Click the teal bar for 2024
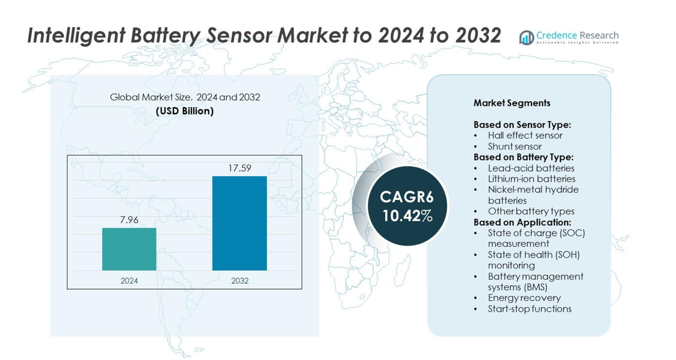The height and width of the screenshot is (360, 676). pyautogui.click(x=129, y=249)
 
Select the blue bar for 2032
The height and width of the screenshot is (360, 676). pyautogui.click(x=239, y=223)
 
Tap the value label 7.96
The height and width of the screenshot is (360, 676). pyautogui.click(x=129, y=220)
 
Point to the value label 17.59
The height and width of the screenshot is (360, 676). pyautogui.click(x=239, y=168)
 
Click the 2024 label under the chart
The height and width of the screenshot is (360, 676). pyautogui.click(x=129, y=281)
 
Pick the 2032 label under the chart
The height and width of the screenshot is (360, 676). pyautogui.click(x=239, y=281)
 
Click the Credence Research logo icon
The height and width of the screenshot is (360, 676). pyautogui.click(x=527, y=37)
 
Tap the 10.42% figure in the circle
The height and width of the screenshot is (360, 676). pyautogui.click(x=407, y=216)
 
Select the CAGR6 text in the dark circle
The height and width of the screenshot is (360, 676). pyautogui.click(x=407, y=197)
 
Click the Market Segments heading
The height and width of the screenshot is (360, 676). pyautogui.click(x=512, y=103)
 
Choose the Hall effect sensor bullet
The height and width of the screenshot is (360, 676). pyautogui.click(x=525, y=135)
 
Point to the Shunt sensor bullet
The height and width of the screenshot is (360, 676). pyautogui.click(x=515, y=146)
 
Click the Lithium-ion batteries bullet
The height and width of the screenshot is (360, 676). pyautogui.click(x=532, y=179)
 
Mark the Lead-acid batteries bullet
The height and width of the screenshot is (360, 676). pyautogui.click(x=531, y=168)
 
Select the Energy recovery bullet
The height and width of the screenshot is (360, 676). pyautogui.click(x=524, y=298)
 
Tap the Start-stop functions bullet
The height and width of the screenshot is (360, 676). pyautogui.click(x=530, y=309)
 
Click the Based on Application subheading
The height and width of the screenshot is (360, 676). pyautogui.click(x=521, y=222)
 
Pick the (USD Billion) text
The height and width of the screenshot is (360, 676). pyautogui.click(x=185, y=111)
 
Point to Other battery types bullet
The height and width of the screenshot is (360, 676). pyautogui.click(x=531, y=211)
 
